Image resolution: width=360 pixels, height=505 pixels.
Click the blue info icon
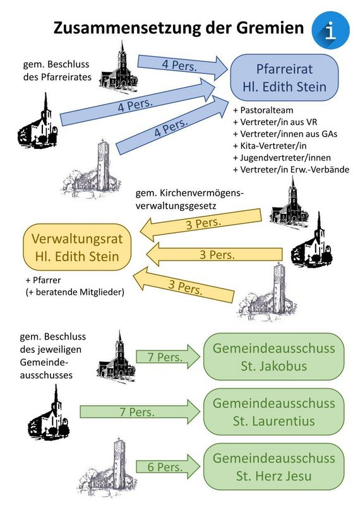331,30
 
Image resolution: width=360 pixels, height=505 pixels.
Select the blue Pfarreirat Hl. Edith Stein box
284,78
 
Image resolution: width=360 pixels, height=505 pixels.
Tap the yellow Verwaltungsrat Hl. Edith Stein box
77,247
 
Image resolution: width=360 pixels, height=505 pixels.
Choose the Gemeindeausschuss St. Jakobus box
274,357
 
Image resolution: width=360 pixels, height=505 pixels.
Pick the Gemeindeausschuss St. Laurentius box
274,412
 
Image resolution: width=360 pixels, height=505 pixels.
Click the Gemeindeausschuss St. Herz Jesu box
274,466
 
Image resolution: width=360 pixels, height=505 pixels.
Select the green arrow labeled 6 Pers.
168,466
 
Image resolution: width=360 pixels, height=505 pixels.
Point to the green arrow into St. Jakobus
168,357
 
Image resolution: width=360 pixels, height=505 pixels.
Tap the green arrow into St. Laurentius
140,412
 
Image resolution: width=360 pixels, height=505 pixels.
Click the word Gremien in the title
270,28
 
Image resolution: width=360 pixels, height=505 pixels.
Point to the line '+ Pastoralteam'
263,110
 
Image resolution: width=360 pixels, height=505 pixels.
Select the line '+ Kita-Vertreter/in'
270,146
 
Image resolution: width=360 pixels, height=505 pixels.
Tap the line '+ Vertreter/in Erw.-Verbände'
291,169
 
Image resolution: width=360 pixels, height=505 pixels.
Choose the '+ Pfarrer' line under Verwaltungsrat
43,280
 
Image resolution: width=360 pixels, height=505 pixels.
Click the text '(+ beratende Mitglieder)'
75,292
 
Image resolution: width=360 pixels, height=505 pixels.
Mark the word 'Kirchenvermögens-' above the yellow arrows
202,193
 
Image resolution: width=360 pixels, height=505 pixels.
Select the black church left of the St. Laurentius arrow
49,412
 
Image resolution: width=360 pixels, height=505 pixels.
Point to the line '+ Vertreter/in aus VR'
275,122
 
